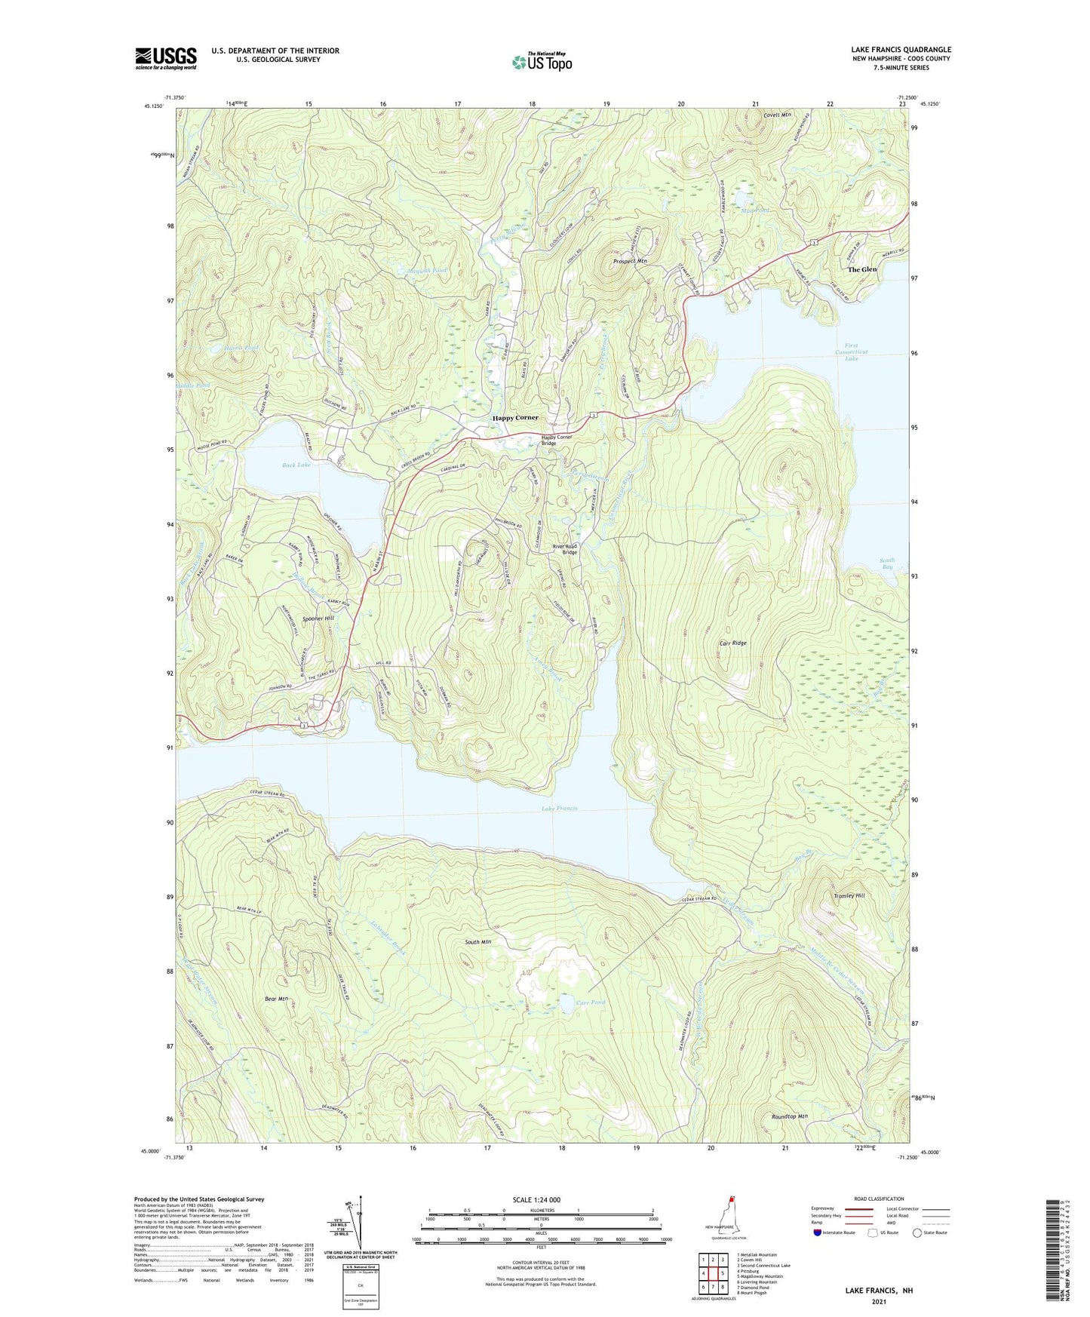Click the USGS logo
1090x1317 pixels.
pyautogui.click(x=166, y=58)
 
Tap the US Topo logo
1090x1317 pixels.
pyautogui.click(x=542, y=62)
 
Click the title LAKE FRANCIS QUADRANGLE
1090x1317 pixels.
pyautogui.click(x=901, y=50)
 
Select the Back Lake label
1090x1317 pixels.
pyautogui.click(x=296, y=465)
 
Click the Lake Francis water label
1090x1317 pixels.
pyautogui.click(x=560, y=809)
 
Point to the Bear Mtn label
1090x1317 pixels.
pyautogui.click(x=277, y=999)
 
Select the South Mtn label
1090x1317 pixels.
pyautogui.click(x=477, y=942)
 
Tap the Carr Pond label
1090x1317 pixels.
pyautogui.click(x=590, y=1002)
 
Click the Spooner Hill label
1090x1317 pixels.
pyautogui.click(x=318, y=618)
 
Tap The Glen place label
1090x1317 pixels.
pyautogui.click(x=862, y=269)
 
